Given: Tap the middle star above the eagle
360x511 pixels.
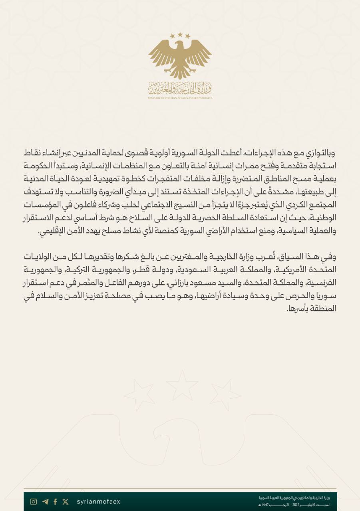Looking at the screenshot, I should [180, 35].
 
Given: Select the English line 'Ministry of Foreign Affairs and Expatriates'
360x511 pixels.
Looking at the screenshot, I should [180, 98].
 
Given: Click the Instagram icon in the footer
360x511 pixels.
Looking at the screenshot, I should [34, 502].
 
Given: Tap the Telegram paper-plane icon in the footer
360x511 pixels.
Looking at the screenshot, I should [45, 502].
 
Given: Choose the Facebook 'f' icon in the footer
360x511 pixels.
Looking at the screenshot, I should [55, 502].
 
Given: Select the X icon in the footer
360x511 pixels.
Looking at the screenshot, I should [66, 502].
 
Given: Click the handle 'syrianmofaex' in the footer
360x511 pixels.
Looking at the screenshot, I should [98, 502].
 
